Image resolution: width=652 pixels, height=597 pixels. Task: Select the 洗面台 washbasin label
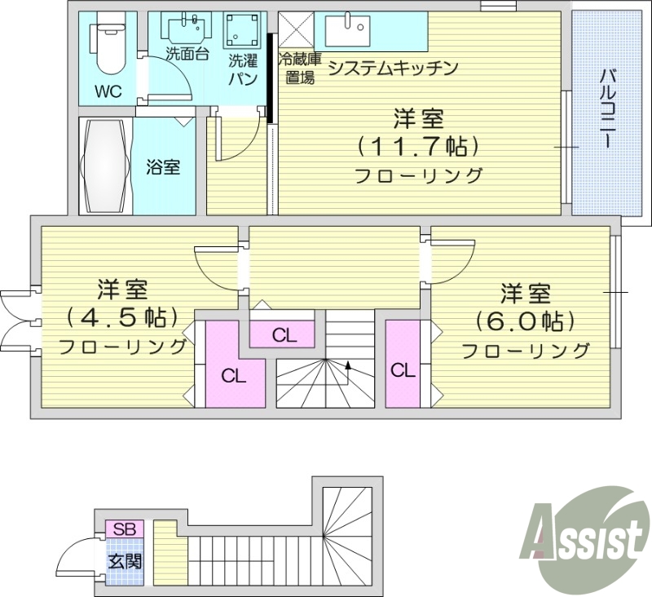click(x=187, y=55)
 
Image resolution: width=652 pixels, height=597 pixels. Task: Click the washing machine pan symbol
click(x=242, y=31)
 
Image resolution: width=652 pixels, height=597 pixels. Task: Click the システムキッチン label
click(x=391, y=69)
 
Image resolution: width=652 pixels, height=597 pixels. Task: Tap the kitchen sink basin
click(x=347, y=31)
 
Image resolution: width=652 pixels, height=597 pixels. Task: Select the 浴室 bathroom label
click(x=164, y=167)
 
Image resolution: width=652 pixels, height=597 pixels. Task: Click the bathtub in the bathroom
click(x=106, y=167)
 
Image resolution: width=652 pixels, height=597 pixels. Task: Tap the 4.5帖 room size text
click(x=122, y=316)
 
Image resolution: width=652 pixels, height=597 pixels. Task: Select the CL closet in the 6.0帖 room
click(x=403, y=369)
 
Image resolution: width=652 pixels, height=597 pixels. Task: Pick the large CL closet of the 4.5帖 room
click(x=234, y=376)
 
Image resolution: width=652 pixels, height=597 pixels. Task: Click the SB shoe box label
click(x=124, y=528)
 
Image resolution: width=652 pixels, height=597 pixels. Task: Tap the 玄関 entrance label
click(x=125, y=561)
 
